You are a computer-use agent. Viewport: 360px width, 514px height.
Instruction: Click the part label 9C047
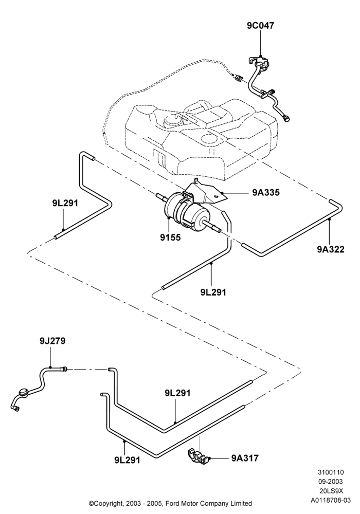click(260, 26)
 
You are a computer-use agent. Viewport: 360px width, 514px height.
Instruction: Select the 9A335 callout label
click(266, 192)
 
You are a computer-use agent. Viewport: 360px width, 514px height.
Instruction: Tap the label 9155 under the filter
click(170, 237)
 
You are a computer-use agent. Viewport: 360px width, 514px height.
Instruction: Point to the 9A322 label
click(331, 249)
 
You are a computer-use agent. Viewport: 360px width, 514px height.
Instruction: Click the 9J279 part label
click(52, 341)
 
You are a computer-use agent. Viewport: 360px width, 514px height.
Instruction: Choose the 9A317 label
click(245, 458)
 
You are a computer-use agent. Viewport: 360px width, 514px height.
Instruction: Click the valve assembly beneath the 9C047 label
click(259, 62)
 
